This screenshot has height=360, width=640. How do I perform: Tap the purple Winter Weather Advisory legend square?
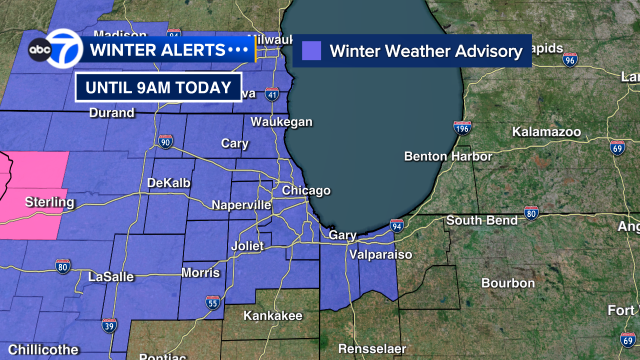312,50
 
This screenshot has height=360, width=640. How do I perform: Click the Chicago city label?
305,191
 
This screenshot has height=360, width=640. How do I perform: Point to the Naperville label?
241,205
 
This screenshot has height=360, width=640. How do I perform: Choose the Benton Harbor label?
448,157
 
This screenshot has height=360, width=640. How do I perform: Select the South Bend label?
480,220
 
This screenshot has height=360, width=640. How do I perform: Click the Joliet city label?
242,244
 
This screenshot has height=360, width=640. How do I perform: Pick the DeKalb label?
167,183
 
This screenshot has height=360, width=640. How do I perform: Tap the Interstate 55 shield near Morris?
212,301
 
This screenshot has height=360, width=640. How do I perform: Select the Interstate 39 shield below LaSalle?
109,325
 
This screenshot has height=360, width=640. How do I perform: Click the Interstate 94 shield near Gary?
396,226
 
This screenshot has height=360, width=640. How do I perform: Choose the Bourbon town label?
508,284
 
